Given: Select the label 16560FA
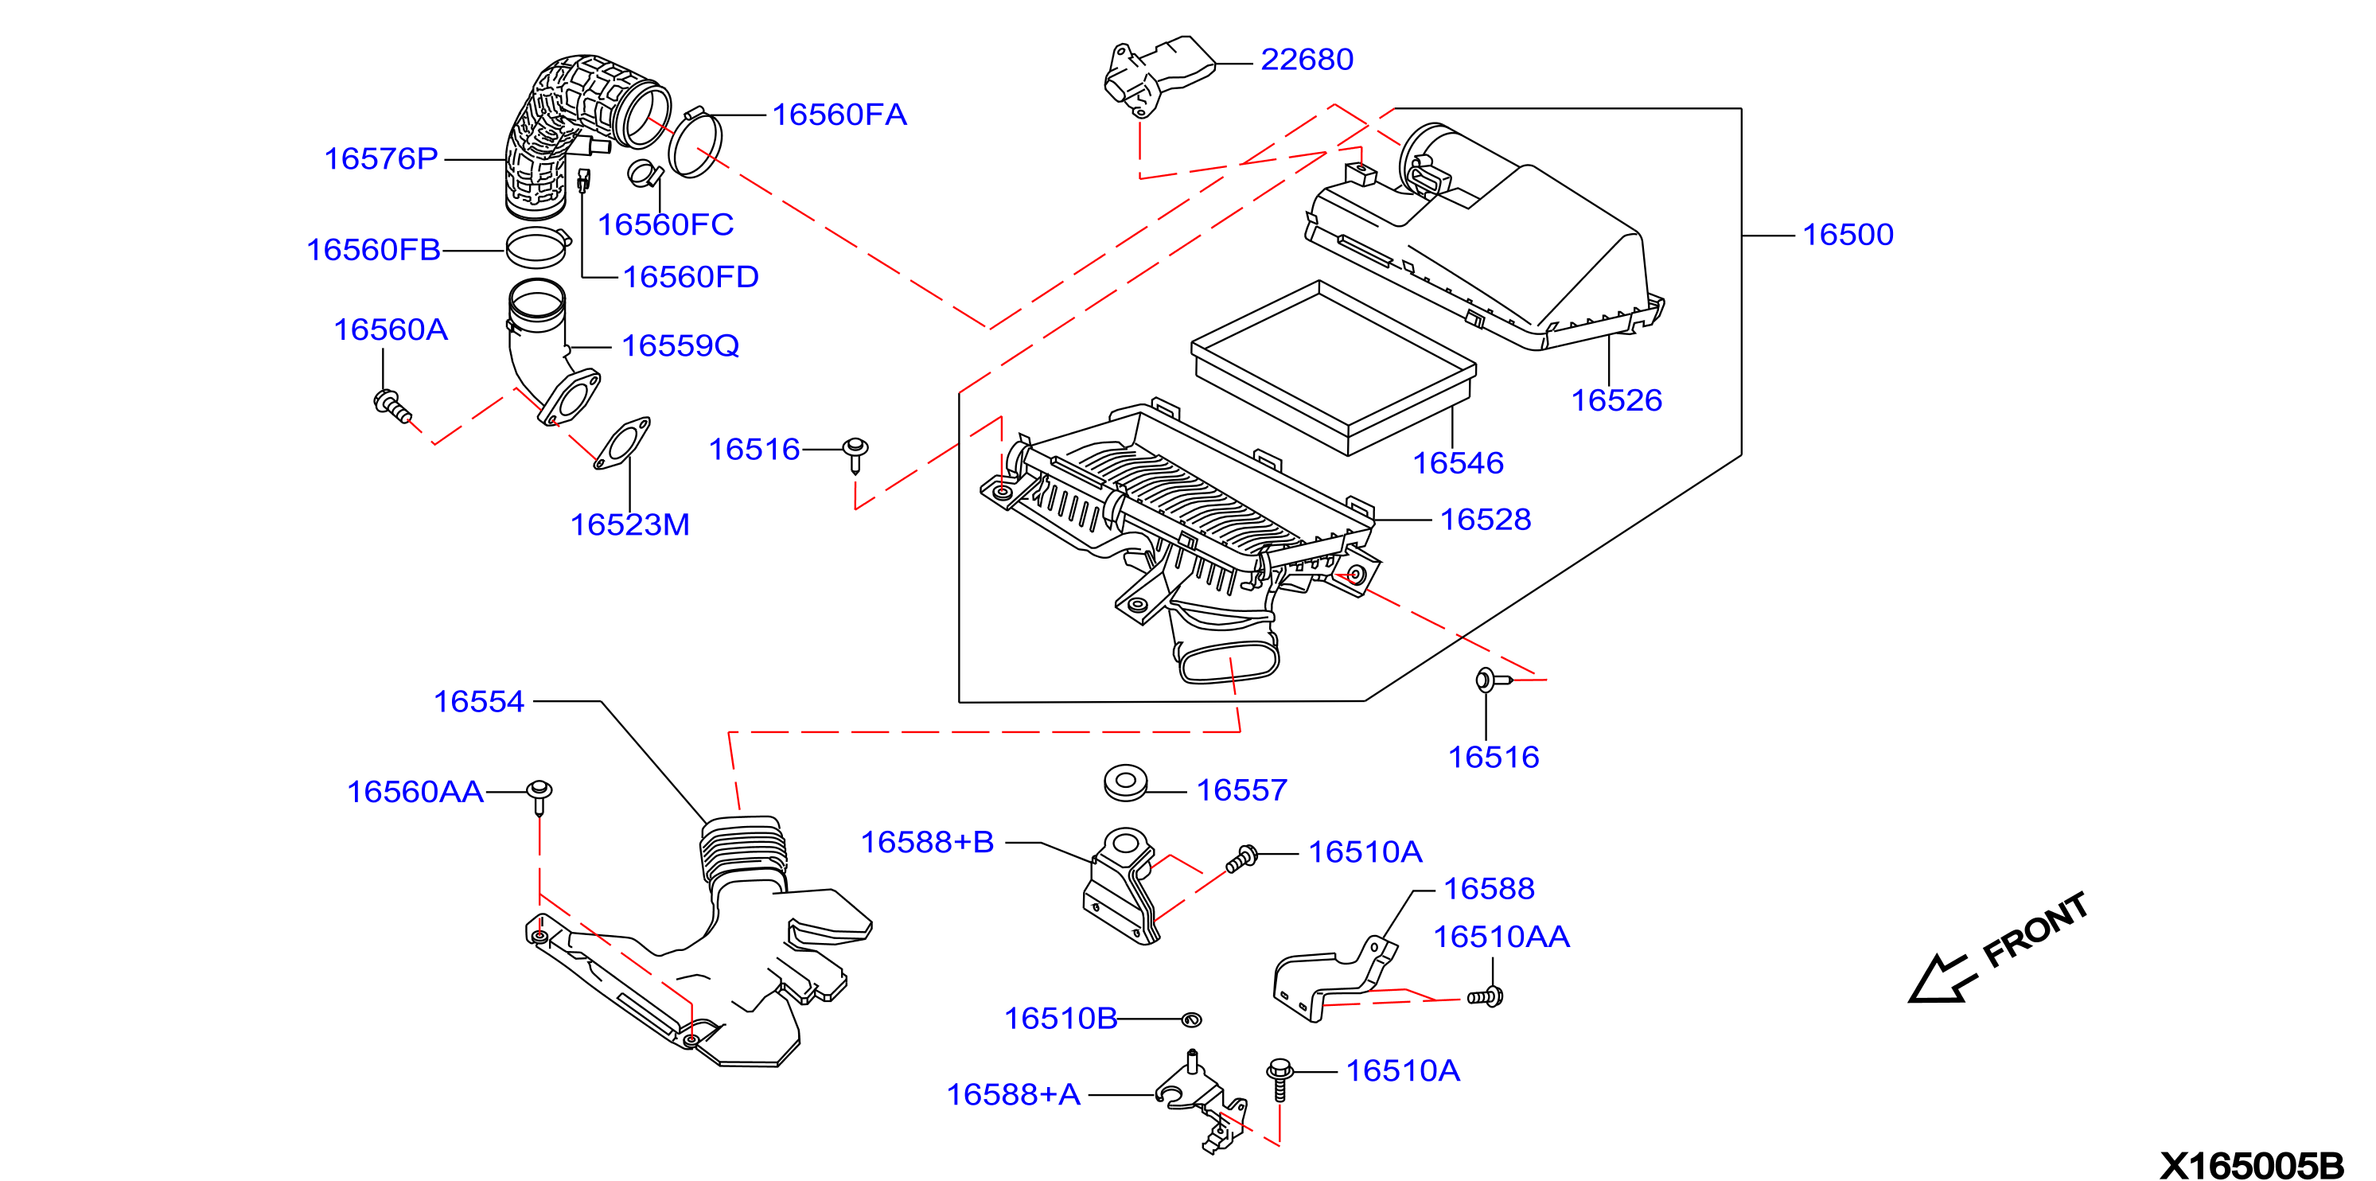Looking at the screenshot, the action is [839, 115].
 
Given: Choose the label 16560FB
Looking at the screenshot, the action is [373, 250].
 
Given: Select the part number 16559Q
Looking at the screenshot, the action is [680, 346].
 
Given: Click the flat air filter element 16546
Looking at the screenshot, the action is [1334, 367].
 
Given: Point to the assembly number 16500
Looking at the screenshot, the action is [1848, 236].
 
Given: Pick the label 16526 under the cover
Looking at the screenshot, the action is [1616, 400].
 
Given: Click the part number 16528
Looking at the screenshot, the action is [1485, 520].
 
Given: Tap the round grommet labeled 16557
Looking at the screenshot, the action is [1125, 782].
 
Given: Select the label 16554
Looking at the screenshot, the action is [479, 702].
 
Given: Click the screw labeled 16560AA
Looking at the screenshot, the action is [539, 797].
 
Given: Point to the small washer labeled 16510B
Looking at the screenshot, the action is [1190, 1019].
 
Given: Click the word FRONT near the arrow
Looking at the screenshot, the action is [2035, 930].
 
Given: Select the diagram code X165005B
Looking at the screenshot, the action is [2250, 1166].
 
